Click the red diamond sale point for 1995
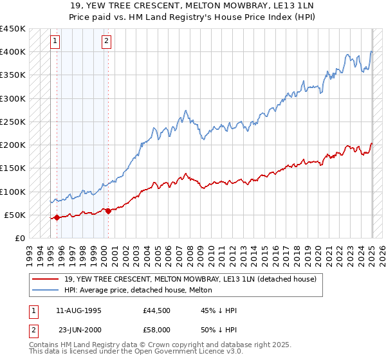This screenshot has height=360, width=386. (57, 217)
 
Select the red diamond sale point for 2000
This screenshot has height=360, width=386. (108, 211)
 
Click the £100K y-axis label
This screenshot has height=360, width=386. (14, 192)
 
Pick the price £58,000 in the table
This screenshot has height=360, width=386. (156, 330)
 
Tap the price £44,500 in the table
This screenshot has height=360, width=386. (156, 310)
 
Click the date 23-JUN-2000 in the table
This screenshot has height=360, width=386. (80, 330)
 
